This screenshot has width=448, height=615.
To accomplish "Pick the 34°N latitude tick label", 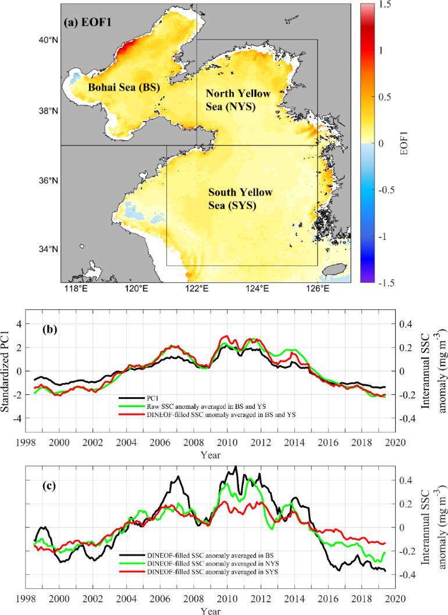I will pos(45,249).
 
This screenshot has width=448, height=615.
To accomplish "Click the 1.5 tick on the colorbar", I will pos(385,5).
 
